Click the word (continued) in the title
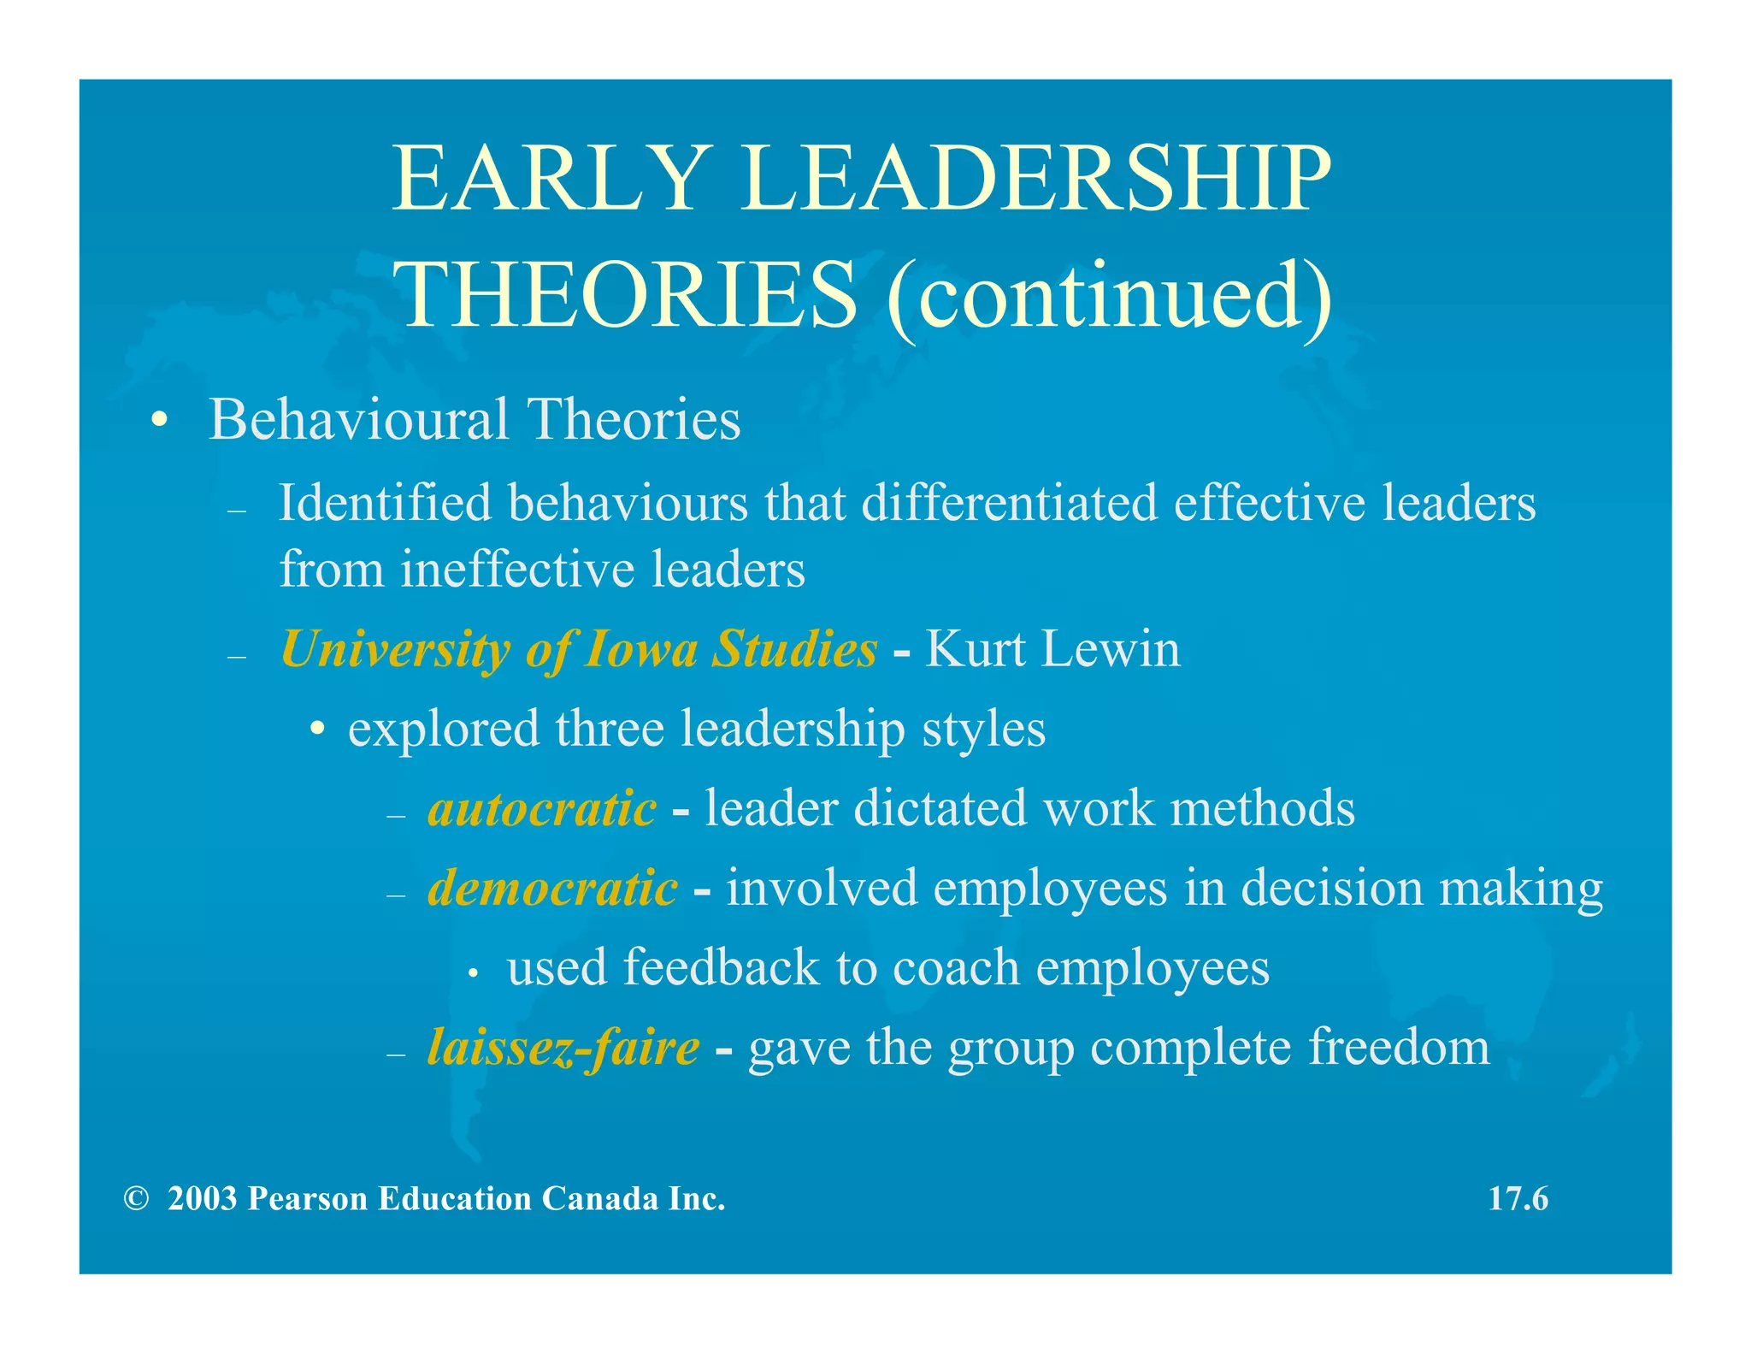1108,296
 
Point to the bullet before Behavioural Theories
159,422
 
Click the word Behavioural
359,420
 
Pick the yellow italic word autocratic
542,809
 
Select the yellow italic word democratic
552,889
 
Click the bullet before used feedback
472,973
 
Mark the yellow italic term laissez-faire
563,1048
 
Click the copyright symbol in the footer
135,1199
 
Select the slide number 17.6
1518,1199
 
